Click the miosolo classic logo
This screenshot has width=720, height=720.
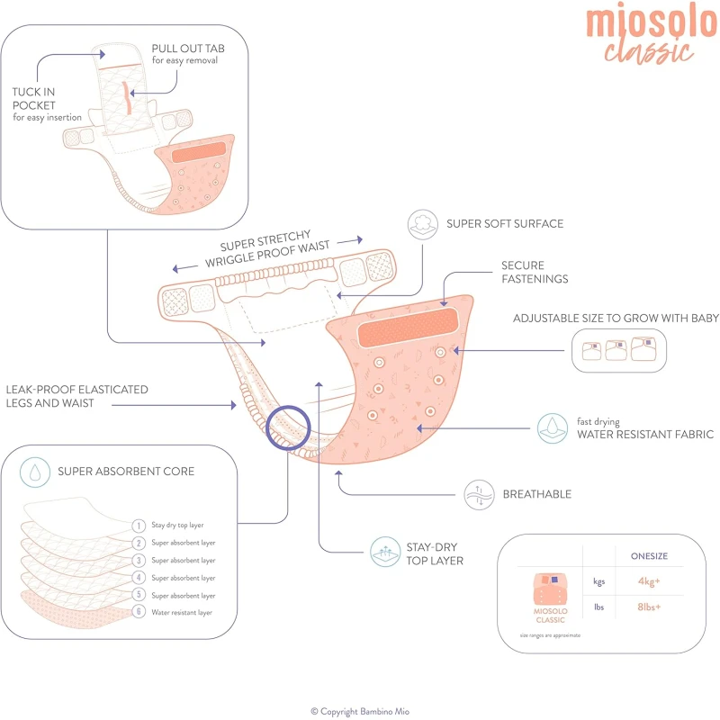652,34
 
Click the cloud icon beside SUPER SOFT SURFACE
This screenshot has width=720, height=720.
422,224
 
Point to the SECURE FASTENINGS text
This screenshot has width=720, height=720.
535,272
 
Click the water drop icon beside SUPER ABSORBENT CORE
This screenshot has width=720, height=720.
35,472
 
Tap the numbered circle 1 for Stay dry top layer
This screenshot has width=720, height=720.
139,526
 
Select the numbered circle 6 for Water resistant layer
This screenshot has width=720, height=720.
139,612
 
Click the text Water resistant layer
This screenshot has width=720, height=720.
182,612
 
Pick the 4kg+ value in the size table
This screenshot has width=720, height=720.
649,581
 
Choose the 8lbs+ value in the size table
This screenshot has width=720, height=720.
649,607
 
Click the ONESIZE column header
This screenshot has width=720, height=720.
649,556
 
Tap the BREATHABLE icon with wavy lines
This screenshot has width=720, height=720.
479,495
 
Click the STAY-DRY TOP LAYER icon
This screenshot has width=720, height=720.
385,552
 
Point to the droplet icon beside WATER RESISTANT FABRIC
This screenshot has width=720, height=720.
553,428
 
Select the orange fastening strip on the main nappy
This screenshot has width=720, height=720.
408,327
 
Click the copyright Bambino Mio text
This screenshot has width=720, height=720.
360,711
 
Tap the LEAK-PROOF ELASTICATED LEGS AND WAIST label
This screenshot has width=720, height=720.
76,396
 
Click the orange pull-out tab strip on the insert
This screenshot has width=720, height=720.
128,98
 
